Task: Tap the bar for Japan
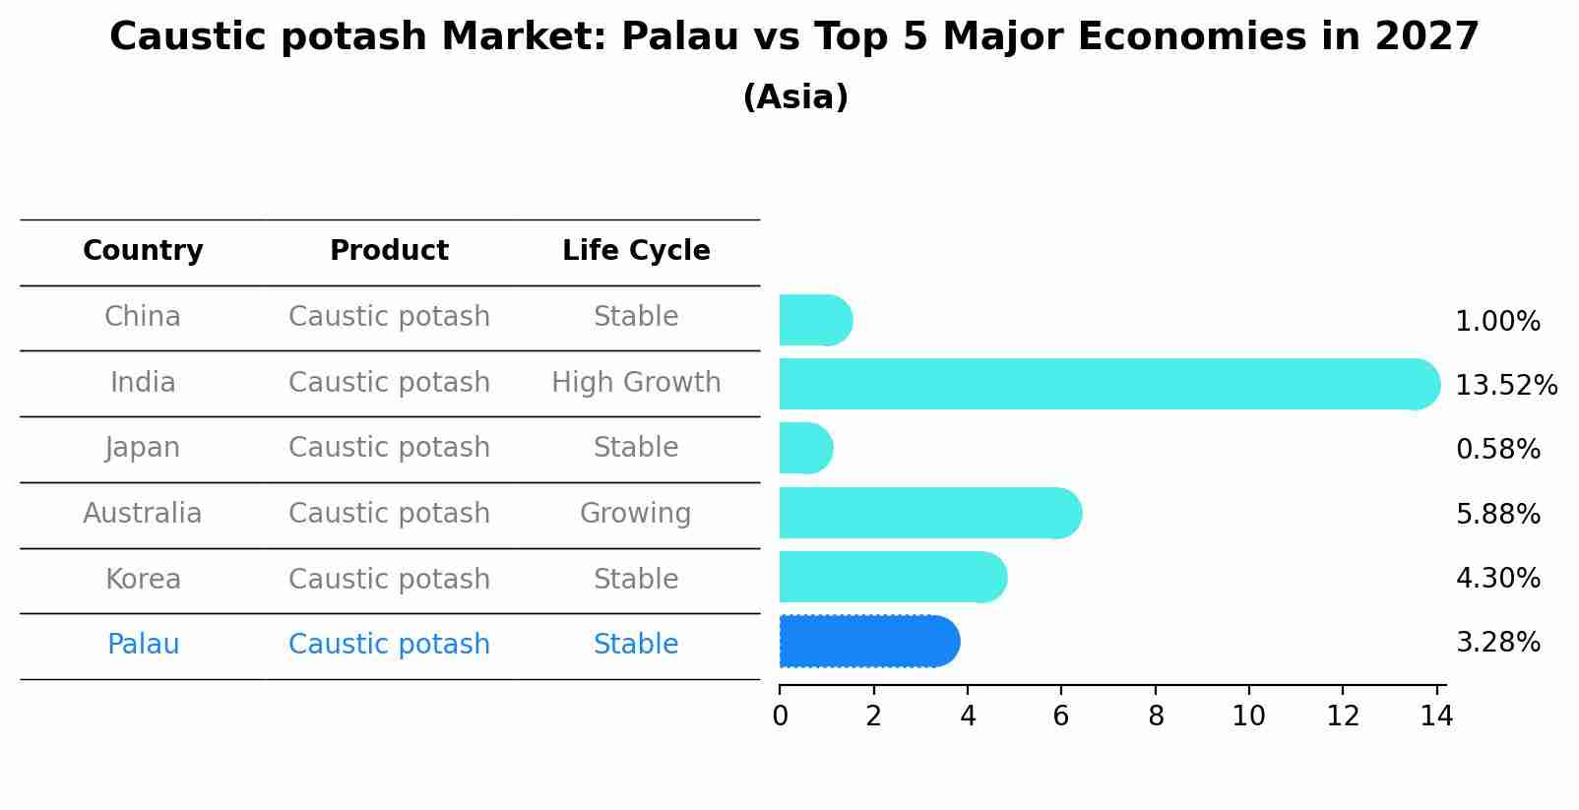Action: pos(805,448)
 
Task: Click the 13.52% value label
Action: pos(1505,385)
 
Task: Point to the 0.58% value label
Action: pos(1497,450)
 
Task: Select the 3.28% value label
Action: pos(1497,643)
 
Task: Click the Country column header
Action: pos(143,251)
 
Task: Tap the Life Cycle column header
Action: pos(636,251)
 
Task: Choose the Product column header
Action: pos(389,251)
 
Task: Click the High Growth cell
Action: pos(636,382)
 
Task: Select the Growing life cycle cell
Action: pos(635,513)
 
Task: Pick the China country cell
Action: pos(143,317)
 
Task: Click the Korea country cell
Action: pos(143,579)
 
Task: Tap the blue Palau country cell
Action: pos(143,645)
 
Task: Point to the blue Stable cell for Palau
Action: pos(635,645)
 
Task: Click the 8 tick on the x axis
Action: pos(1156,717)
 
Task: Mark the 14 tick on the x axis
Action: pos(1436,717)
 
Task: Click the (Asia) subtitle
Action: pos(795,97)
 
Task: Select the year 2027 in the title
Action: pos(1426,37)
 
